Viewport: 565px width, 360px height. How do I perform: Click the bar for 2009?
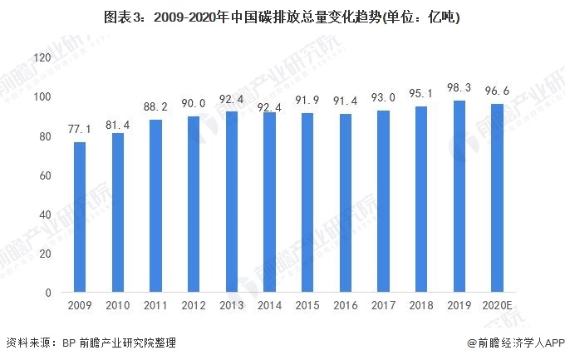(x=79, y=218)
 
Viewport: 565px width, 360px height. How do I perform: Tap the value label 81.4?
(x=117, y=123)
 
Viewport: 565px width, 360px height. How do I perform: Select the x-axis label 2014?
(x=269, y=308)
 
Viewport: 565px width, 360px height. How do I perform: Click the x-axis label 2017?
(x=384, y=308)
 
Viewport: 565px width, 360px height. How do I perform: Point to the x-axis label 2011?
(x=155, y=308)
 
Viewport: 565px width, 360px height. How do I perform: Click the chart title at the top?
(x=282, y=17)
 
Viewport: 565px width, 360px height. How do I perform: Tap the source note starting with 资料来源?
(x=91, y=343)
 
